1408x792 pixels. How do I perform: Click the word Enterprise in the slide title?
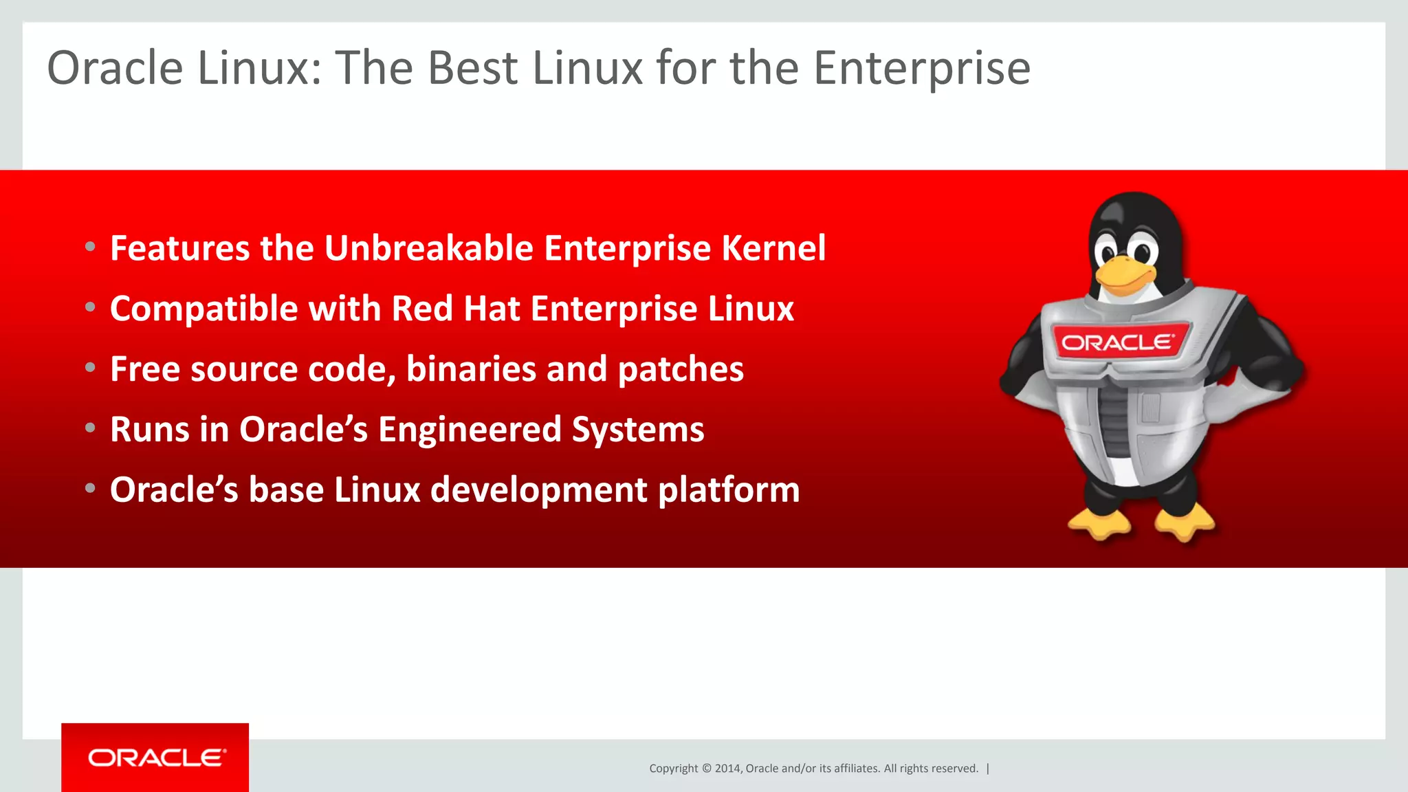pos(922,69)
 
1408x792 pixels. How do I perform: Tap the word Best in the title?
pos(472,68)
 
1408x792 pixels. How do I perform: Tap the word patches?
pos(681,369)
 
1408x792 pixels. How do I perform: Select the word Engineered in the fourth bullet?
pos(470,430)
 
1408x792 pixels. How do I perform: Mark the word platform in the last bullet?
pos(729,490)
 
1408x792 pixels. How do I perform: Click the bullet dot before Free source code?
pos(90,368)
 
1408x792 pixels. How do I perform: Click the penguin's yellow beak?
pos(1125,274)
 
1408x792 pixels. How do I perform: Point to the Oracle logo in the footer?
pos(155,758)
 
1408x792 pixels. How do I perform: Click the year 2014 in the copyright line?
pos(727,769)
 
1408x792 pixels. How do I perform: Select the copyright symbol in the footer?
pos(706,769)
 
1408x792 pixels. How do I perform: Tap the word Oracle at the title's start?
pos(115,68)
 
